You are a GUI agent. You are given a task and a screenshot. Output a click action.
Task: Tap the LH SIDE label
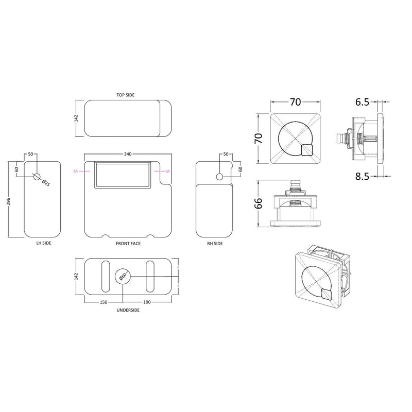pyautogui.click(x=43, y=243)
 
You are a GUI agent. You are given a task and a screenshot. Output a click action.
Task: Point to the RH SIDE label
pyautogui.click(x=215, y=243)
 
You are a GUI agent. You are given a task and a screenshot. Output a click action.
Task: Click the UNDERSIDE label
pyautogui.click(x=129, y=310)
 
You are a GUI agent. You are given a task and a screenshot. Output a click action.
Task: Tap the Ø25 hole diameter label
pyautogui.click(x=45, y=182)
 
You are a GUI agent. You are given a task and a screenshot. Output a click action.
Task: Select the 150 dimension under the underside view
pyautogui.click(x=102, y=303)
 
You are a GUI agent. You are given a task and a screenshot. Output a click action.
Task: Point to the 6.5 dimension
pyautogui.click(x=362, y=102)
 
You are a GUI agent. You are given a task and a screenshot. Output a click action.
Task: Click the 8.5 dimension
pyautogui.click(x=362, y=176)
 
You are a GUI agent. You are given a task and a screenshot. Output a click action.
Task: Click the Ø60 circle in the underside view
pyautogui.click(x=123, y=276)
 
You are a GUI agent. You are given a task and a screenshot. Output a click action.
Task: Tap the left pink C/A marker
pyautogui.click(x=76, y=171)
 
